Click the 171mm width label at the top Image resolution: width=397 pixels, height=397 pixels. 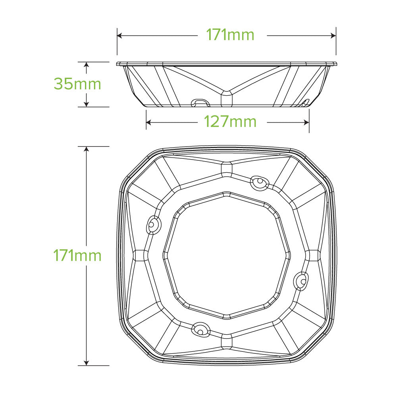[229, 35]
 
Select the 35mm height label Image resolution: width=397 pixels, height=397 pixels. [77, 84]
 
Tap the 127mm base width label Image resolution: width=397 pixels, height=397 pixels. [230, 122]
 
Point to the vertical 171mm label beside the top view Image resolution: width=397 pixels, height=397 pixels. [77, 255]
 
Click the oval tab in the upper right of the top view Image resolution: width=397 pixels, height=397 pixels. [260, 182]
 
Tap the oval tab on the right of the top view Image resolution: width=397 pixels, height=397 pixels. [302, 281]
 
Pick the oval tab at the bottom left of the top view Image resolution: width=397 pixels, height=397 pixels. [199, 329]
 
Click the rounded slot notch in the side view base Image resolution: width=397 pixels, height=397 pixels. [201, 103]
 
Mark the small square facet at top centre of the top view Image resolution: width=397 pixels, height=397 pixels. [227, 168]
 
